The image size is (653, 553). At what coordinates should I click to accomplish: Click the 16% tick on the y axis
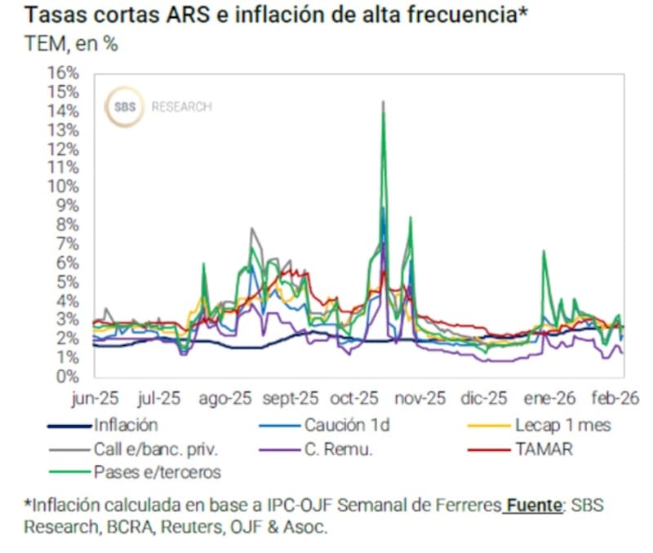click(x=66, y=72)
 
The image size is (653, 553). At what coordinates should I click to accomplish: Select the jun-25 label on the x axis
click(x=95, y=399)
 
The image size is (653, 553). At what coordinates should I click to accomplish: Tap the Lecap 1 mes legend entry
click(x=562, y=425)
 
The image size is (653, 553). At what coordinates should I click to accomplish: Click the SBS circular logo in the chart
click(x=125, y=108)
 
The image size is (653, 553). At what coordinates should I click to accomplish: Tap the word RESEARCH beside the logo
click(x=181, y=107)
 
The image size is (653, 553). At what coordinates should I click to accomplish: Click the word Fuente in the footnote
click(x=531, y=506)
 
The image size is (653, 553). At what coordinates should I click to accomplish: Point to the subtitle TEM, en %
click(x=71, y=44)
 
